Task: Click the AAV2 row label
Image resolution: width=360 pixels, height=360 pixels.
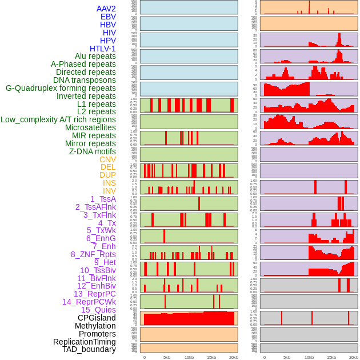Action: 106,9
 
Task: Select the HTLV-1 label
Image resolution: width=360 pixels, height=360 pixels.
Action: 102,49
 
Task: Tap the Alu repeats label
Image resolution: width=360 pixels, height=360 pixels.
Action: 95,56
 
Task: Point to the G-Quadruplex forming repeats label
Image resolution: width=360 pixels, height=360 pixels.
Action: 61,88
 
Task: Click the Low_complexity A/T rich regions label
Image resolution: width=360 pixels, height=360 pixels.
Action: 58,119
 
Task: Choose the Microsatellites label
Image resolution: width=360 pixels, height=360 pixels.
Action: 90,127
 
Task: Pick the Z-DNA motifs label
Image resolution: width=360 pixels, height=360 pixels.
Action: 92,151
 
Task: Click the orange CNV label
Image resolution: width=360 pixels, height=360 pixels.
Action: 107,159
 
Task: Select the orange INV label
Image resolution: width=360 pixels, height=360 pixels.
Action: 109,191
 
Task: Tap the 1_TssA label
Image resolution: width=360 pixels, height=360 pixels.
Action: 103,199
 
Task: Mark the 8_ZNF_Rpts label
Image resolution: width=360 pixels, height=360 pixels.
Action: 93,254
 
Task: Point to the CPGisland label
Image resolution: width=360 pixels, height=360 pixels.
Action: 97,318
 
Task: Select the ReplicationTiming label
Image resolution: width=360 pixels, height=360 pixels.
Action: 84,342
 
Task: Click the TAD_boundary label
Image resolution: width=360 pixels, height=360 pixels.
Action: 89,349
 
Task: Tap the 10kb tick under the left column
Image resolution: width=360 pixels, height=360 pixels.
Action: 189,357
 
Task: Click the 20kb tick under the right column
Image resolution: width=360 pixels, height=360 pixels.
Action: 354,357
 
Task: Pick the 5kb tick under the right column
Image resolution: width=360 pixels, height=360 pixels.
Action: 287,357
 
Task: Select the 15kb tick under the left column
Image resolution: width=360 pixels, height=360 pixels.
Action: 211,357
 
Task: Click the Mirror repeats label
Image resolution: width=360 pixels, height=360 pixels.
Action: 90,143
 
